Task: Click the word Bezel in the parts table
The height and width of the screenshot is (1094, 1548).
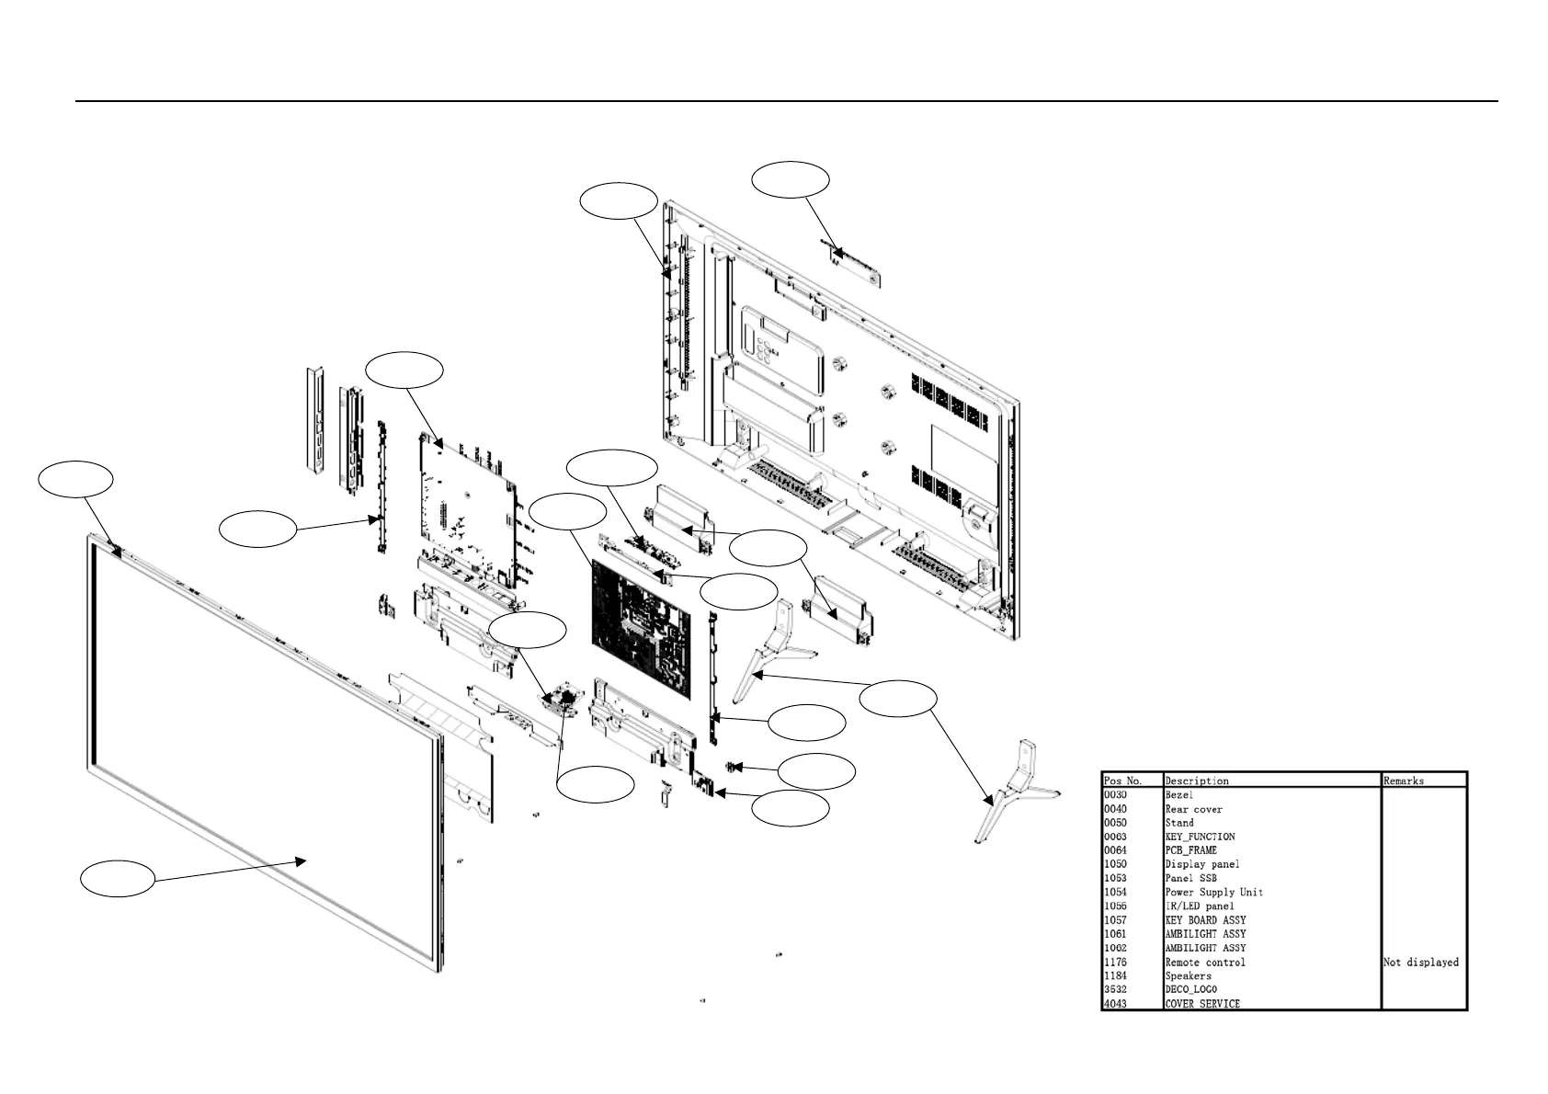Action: pyautogui.click(x=1178, y=794)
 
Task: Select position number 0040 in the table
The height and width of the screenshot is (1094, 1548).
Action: pyautogui.click(x=1115, y=809)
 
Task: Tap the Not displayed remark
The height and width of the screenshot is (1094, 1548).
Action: pyautogui.click(x=1420, y=962)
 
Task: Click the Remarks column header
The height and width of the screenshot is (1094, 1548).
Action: pyautogui.click(x=1404, y=781)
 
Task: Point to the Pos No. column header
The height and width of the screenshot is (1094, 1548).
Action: pyautogui.click(x=1122, y=781)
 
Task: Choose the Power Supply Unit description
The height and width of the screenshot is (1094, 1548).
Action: pyautogui.click(x=1213, y=892)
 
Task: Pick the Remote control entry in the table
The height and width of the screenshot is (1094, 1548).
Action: pyautogui.click(x=1205, y=962)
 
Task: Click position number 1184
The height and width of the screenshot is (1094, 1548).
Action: pyautogui.click(x=1115, y=975)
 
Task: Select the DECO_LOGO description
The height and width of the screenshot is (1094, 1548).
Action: pyautogui.click(x=1190, y=989)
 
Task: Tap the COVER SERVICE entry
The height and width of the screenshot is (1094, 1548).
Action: pyautogui.click(x=1202, y=1004)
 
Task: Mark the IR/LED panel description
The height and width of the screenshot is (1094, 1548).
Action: pyautogui.click(x=1200, y=906)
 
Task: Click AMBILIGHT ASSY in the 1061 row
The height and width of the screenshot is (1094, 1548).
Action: pyautogui.click(x=1205, y=933)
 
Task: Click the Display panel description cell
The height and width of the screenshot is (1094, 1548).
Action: pyautogui.click(x=1201, y=864)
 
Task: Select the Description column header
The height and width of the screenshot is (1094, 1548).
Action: pyautogui.click(x=1197, y=781)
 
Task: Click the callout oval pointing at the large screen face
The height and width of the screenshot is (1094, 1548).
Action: pyautogui.click(x=118, y=879)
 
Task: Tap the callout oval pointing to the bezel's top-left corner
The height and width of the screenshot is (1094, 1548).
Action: pyautogui.click(x=75, y=479)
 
